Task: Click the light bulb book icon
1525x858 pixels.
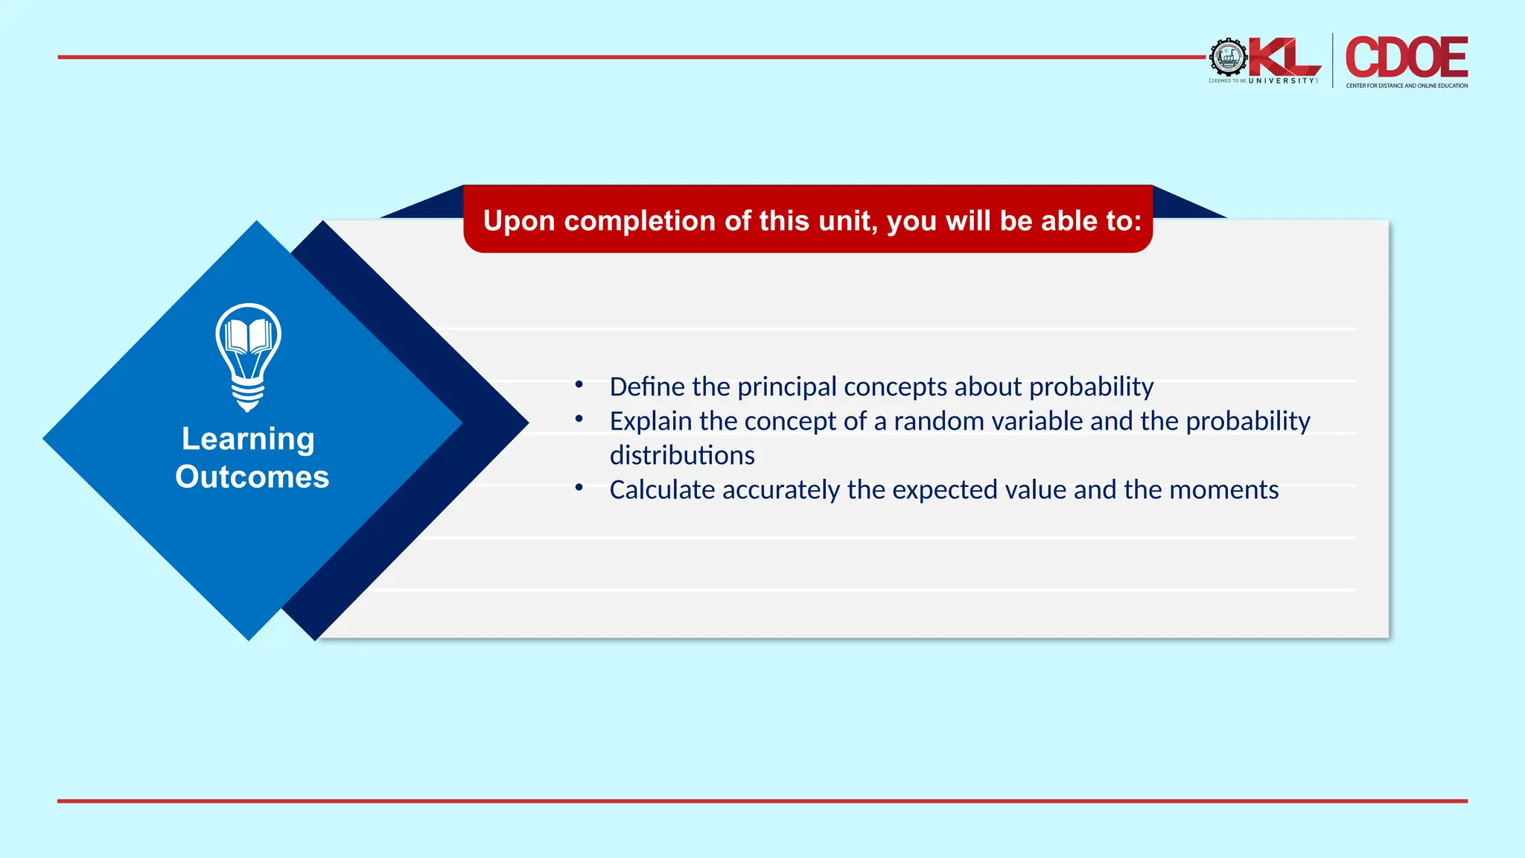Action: click(248, 356)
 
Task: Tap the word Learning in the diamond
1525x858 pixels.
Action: click(248, 439)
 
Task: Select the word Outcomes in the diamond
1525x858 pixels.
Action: click(252, 477)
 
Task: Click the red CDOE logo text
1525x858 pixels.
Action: click(1406, 57)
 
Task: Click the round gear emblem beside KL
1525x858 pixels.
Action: click(1228, 57)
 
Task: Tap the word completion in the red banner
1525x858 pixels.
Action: click(640, 220)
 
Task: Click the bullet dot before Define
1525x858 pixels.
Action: click(579, 384)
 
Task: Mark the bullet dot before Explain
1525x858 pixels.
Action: click(579, 419)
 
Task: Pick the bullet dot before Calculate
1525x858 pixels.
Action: click(579, 487)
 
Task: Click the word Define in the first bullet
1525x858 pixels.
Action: click(647, 387)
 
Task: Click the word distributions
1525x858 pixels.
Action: click(682, 455)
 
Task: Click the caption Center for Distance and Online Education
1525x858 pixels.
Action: click(1407, 86)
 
